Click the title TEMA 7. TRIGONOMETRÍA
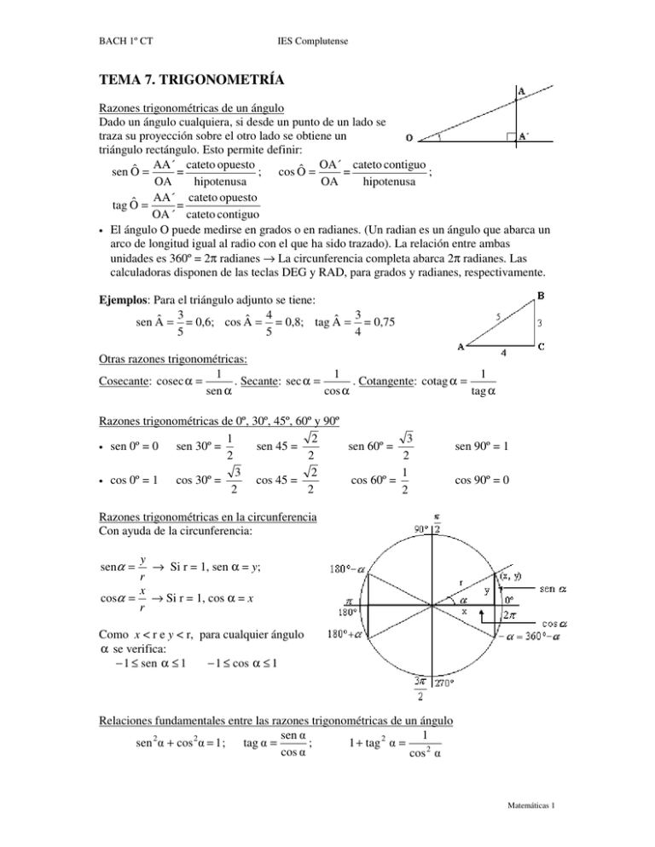193,81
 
